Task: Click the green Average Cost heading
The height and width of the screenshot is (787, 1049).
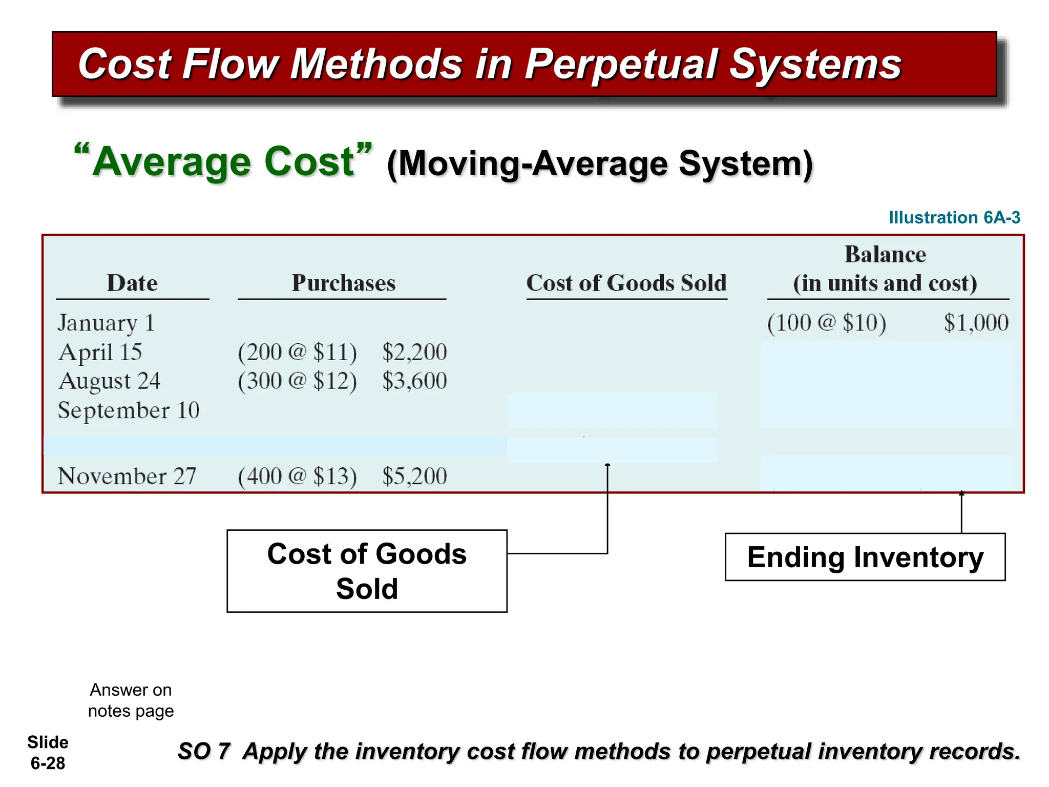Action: tap(223, 162)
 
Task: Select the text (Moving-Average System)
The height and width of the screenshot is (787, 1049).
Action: tap(600, 164)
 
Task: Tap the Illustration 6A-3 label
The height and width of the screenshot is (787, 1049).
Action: tap(954, 217)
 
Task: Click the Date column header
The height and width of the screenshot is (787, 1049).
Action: tap(132, 283)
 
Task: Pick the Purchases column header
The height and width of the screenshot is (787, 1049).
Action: tap(343, 283)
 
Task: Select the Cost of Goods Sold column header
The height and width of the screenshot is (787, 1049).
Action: tap(626, 283)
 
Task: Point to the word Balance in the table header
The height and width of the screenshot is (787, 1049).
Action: tap(885, 255)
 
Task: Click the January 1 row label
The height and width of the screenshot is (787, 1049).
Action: tap(106, 323)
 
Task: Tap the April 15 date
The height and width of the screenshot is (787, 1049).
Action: tap(100, 353)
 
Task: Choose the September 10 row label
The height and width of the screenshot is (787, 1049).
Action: tap(129, 410)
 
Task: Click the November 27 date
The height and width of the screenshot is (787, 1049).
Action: tap(127, 477)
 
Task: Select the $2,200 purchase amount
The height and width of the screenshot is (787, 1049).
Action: tap(414, 353)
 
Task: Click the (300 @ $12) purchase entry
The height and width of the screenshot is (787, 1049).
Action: tap(297, 381)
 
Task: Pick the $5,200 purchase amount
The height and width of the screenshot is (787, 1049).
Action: tap(414, 477)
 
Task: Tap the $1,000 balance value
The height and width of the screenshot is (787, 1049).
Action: tap(976, 323)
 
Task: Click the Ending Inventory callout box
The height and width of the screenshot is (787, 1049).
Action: tap(865, 557)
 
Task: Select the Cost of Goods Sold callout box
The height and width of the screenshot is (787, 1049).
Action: tap(367, 571)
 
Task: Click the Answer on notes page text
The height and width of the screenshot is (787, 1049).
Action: tap(131, 700)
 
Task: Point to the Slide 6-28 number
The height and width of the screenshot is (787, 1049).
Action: tap(48, 753)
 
